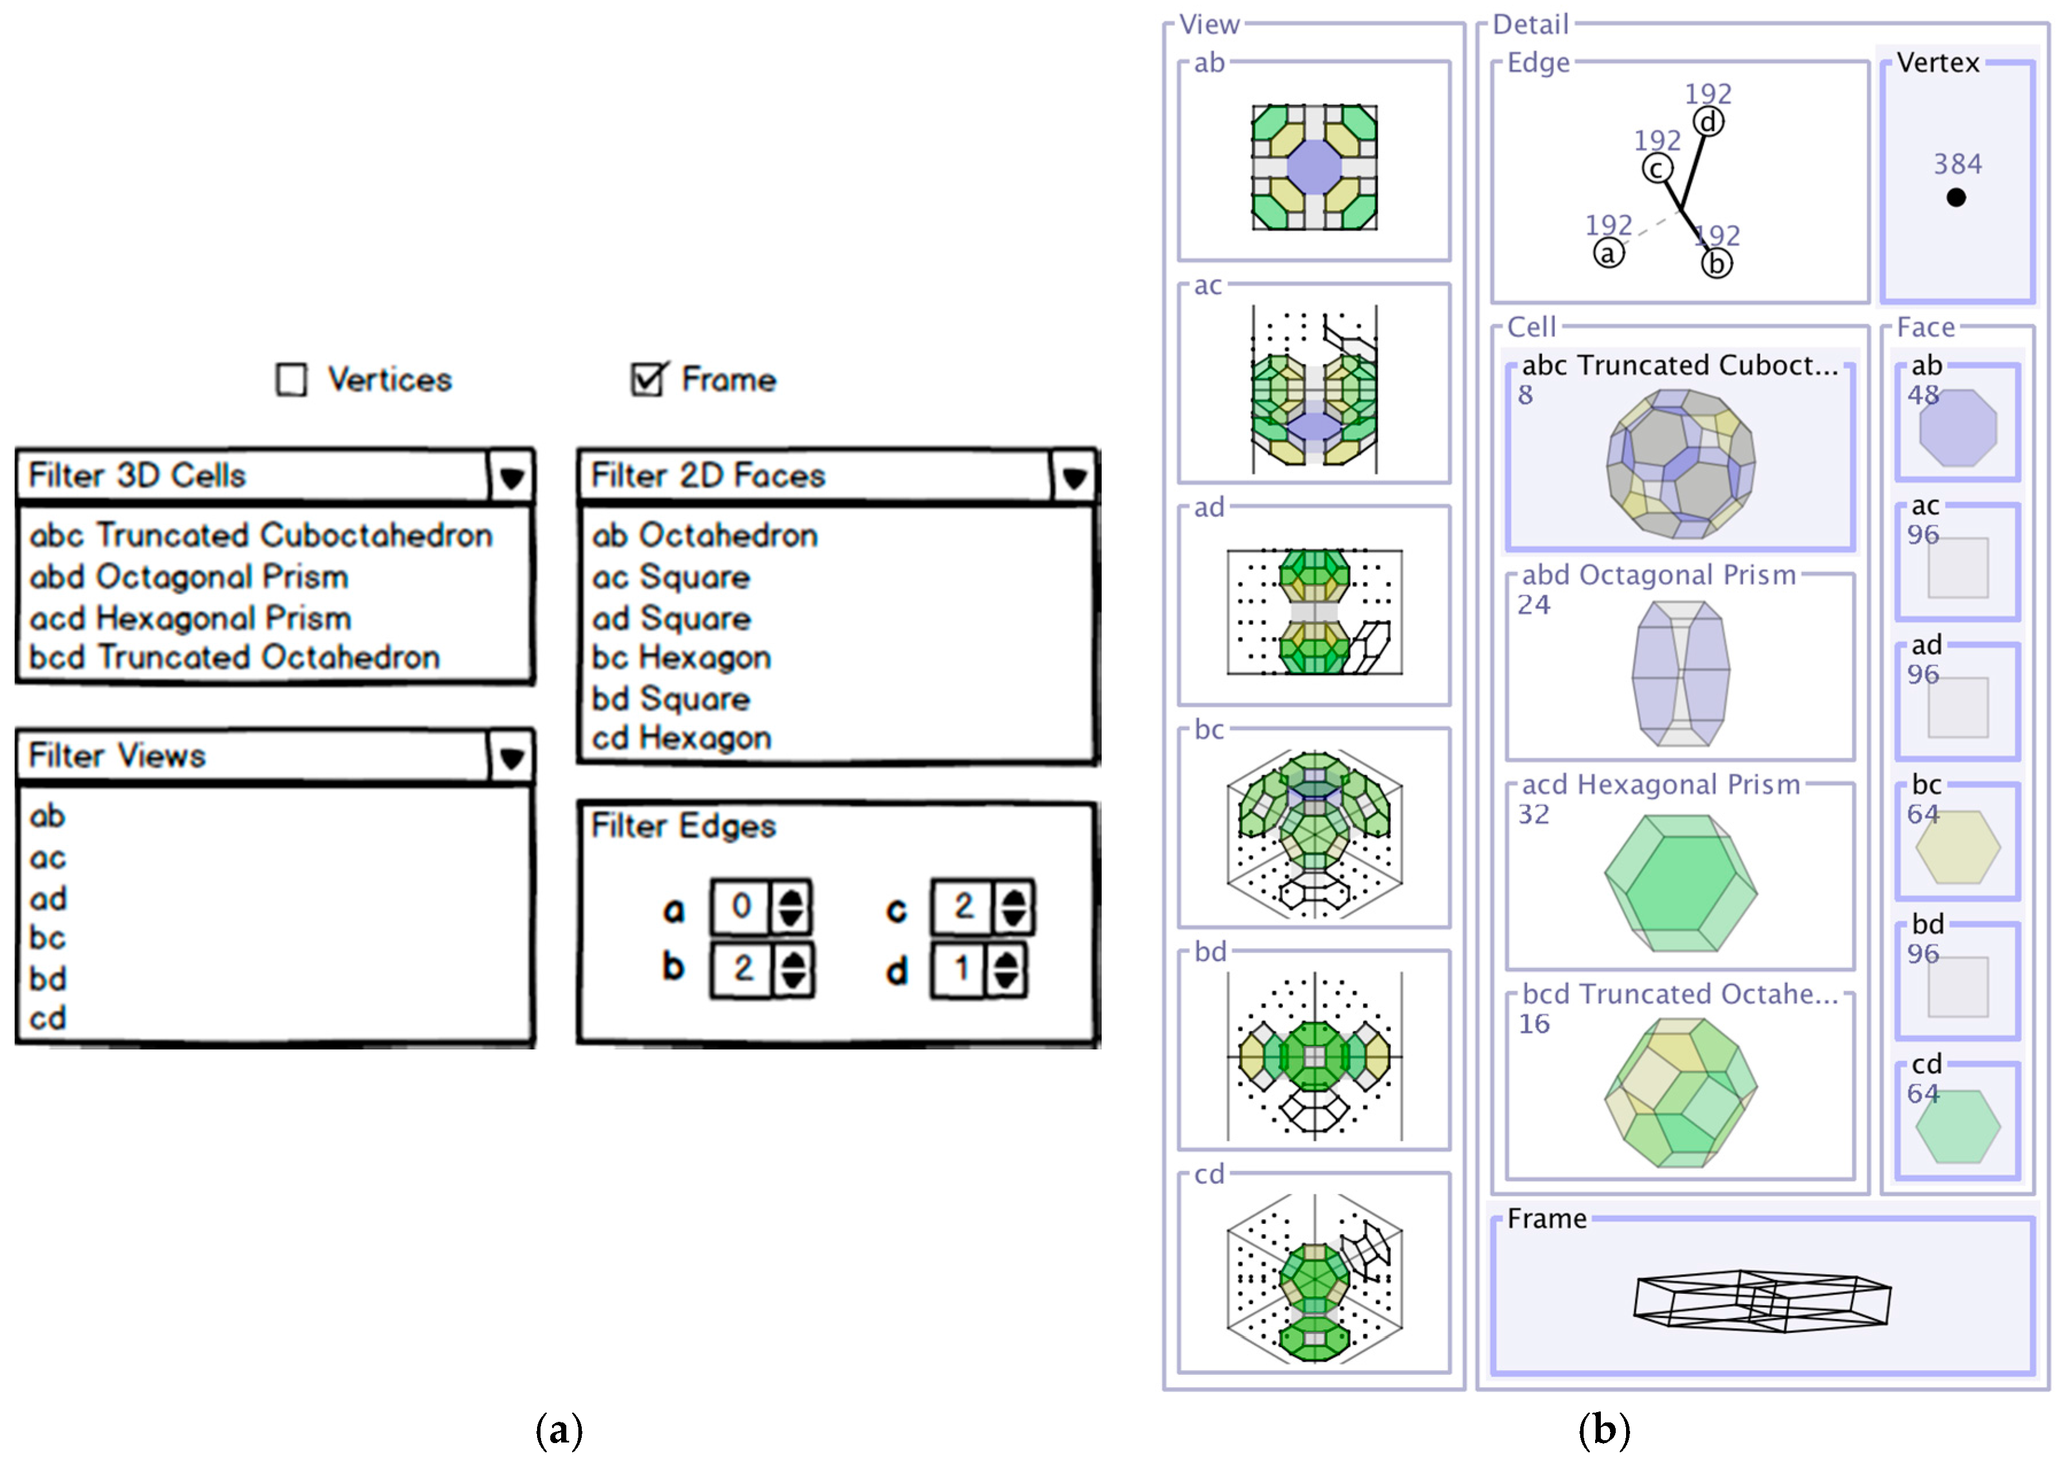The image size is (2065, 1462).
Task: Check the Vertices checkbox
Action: point(291,380)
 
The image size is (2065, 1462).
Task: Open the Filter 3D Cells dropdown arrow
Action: point(511,476)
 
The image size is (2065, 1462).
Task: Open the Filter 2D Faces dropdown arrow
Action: point(1073,476)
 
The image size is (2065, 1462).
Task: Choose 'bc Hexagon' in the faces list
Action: point(682,658)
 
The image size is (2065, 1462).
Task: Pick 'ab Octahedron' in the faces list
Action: point(704,536)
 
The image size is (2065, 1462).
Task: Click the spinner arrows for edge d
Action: point(1005,970)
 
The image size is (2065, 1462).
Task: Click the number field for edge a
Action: point(741,907)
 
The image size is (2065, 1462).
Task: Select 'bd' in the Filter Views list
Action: point(48,978)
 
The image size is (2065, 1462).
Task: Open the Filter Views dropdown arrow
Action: point(511,756)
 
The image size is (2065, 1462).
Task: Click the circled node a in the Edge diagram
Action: point(1609,253)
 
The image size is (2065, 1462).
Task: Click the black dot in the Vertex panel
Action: point(1955,197)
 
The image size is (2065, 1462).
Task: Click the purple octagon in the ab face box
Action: point(1957,427)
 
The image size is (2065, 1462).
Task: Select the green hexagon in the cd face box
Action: point(1957,1126)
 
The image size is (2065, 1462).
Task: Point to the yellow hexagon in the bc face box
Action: point(1957,847)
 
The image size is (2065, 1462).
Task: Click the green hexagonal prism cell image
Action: point(1680,882)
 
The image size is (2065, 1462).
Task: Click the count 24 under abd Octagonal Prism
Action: point(1534,605)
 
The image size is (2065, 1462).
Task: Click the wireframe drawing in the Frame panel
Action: point(1761,1300)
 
